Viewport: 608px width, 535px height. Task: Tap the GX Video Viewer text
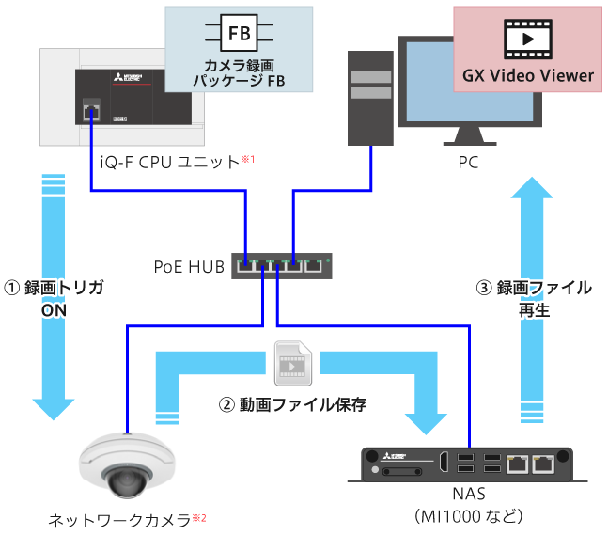coord(527,75)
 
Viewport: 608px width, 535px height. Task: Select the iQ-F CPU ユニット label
coord(170,162)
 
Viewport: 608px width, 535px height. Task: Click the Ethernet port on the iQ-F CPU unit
coord(90,113)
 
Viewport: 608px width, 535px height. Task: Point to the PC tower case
coord(368,94)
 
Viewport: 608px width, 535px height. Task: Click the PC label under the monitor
coord(468,162)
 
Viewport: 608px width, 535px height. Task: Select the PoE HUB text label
coord(189,266)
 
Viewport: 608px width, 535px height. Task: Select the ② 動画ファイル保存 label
coord(291,405)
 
